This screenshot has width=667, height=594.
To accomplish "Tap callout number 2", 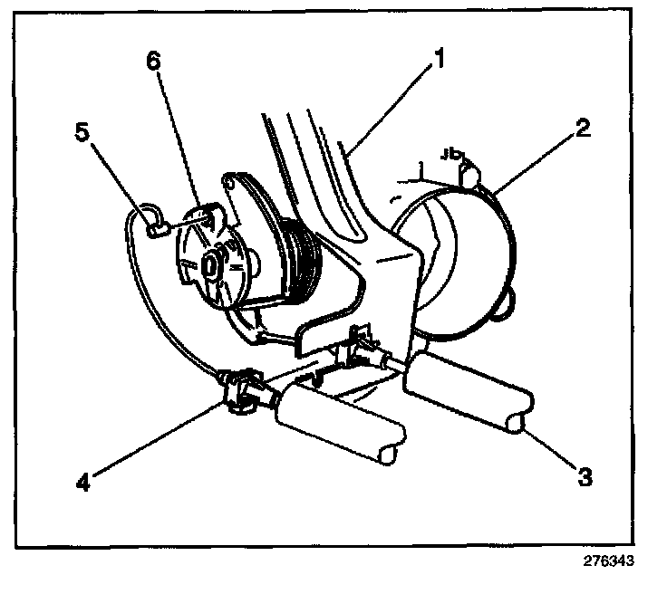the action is pyautogui.click(x=583, y=128).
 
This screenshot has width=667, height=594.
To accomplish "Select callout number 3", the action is pyautogui.click(x=585, y=476).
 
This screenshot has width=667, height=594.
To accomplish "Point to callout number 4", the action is pyautogui.click(x=83, y=482).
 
